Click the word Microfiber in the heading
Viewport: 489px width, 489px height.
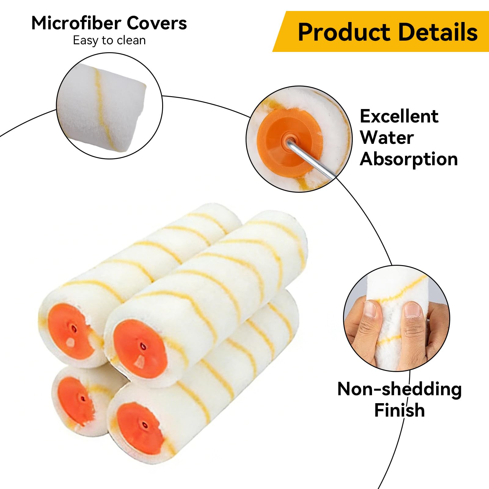(x=76, y=23)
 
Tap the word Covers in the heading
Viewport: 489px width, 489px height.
(x=157, y=23)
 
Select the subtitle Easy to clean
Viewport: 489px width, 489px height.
(x=109, y=40)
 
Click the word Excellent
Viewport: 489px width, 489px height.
(x=399, y=116)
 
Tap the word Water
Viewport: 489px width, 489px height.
(x=387, y=137)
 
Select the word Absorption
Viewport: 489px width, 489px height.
(x=409, y=159)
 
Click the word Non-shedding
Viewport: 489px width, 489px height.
(x=400, y=389)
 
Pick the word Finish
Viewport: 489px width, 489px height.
(x=400, y=410)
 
